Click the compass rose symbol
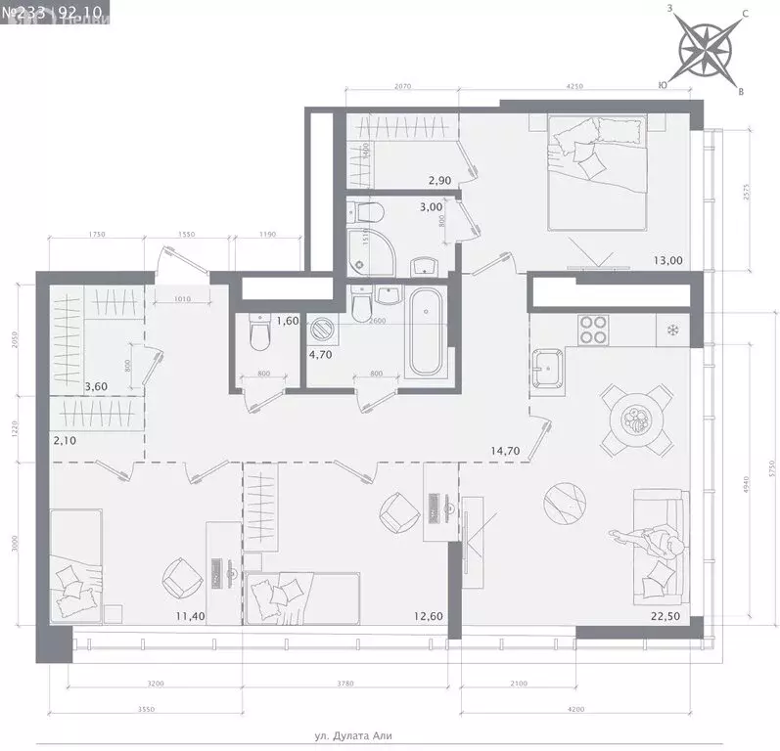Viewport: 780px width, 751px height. (x=707, y=49)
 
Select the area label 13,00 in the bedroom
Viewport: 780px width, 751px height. (x=669, y=260)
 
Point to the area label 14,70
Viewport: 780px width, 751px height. (x=506, y=451)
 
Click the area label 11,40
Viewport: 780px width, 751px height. (x=190, y=615)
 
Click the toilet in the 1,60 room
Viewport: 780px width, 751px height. (x=259, y=334)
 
